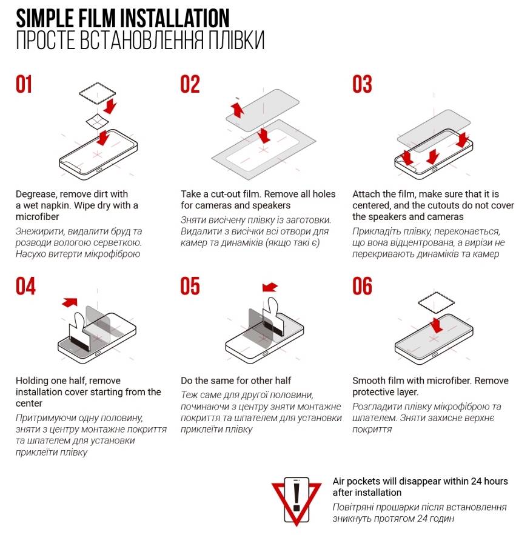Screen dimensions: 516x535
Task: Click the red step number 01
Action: (x=24, y=84)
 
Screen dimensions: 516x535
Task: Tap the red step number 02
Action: (x=190, y=84)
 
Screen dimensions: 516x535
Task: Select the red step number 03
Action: (x=362, y=84)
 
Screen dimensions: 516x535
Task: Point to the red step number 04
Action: (x=25, y=286)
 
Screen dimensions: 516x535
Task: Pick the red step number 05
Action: (x=190, y=286)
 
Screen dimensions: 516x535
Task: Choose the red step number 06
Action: (x=362, y=286)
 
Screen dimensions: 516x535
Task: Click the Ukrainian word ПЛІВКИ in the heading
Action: (x=236, y=40)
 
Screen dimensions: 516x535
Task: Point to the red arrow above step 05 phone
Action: (x=270, y=287)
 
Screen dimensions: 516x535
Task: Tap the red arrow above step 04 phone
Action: (x=70, y=302)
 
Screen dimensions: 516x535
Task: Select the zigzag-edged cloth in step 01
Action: (x=98, y=93)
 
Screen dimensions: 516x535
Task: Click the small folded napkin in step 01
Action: (x=97, y=121)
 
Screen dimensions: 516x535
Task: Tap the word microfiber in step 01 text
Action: (x=37, y=217)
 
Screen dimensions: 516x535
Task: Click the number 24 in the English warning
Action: (x=476, y=481)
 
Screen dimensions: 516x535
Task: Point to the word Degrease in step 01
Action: (x=36, y=194)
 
